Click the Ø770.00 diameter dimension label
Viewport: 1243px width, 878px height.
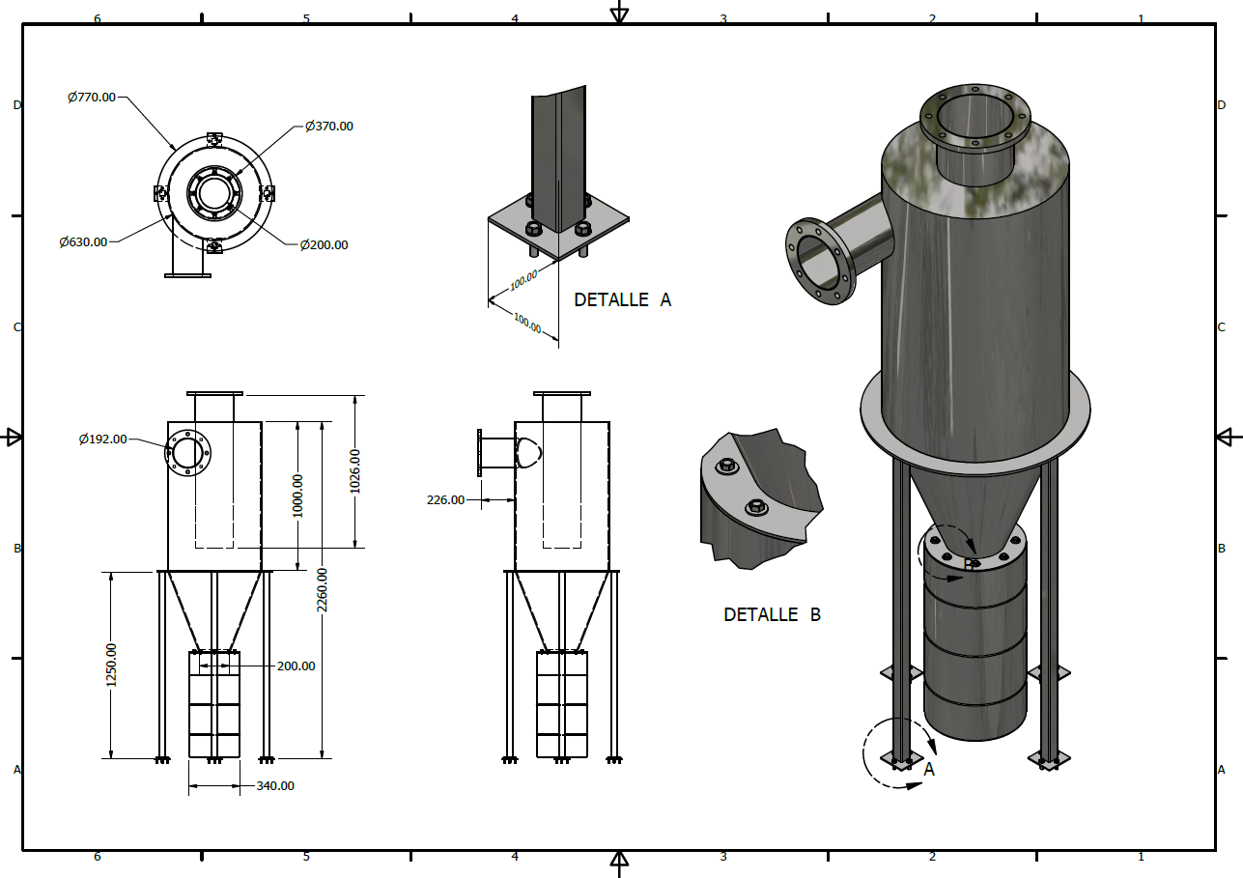tap(92, 97)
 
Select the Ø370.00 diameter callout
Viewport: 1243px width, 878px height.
tap(328, 126)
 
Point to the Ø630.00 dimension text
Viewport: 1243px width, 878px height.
tap(82, 241)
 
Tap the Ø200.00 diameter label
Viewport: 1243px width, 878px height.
tap(324, 244)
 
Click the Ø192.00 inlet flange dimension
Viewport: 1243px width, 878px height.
tap(102, 439)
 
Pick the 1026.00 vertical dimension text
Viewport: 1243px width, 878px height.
tap(354, 471)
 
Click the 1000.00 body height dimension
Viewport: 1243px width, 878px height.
tap(297, 495)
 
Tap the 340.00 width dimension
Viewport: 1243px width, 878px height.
tap(275, 786)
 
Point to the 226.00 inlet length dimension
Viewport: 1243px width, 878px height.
tap(445, 499)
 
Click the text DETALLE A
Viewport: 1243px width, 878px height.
tap(622, 300)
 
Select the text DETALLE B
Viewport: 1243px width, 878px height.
tap(772, 614)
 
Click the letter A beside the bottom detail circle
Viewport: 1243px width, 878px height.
tap(929, 770)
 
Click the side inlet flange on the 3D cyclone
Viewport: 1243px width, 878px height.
tap(822, 263)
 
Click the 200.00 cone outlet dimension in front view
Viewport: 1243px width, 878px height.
tap(296, 666)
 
